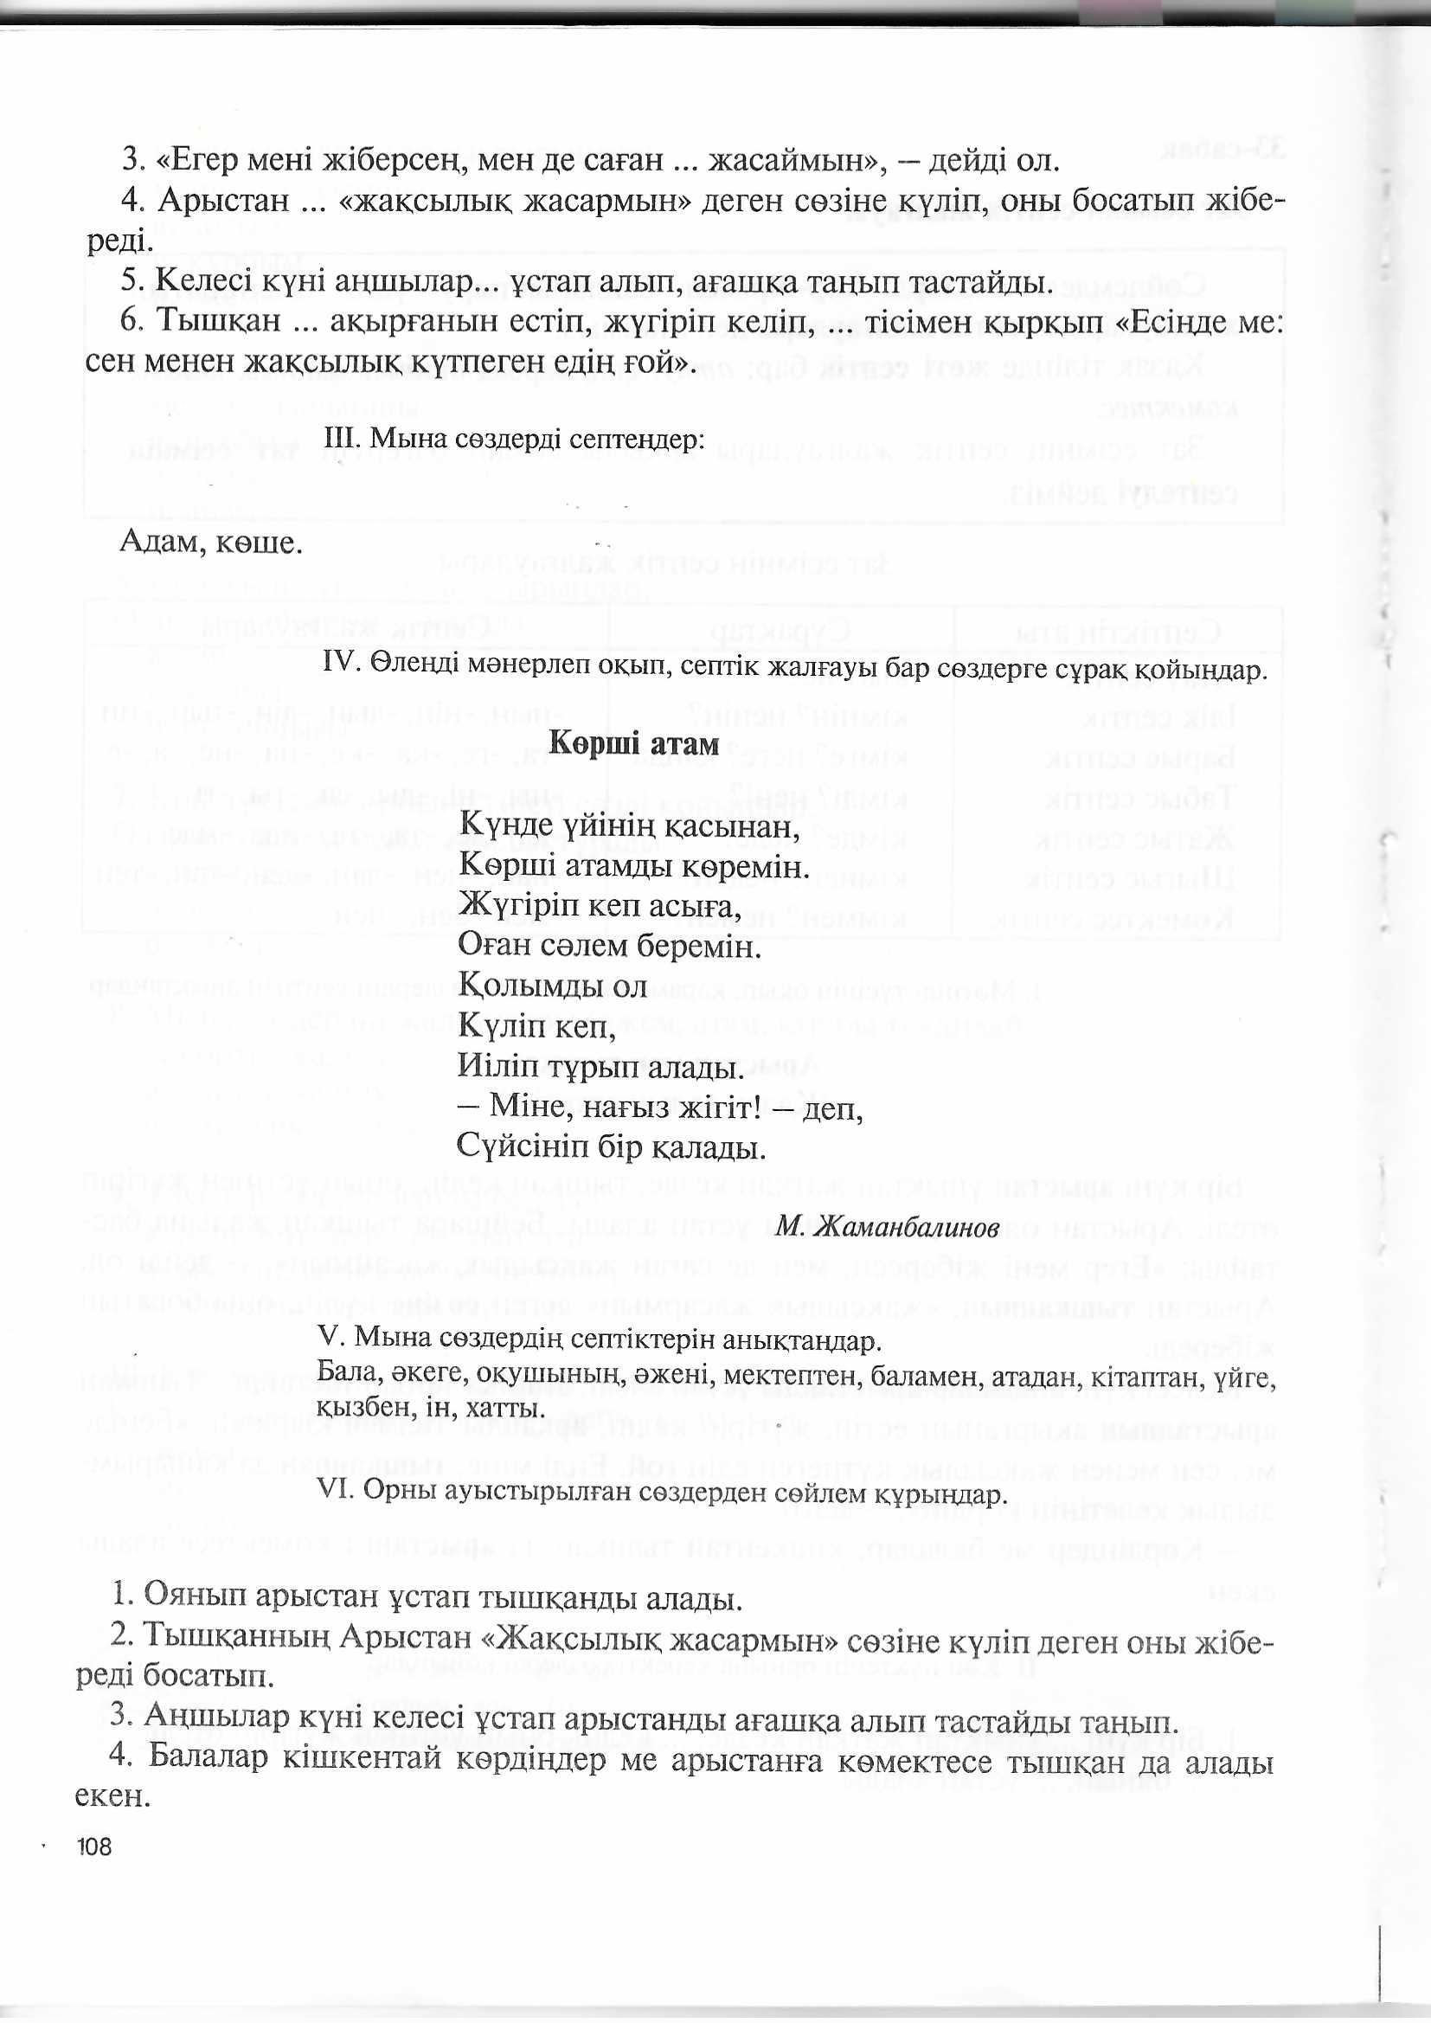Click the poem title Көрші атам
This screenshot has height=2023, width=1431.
[633, 744]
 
